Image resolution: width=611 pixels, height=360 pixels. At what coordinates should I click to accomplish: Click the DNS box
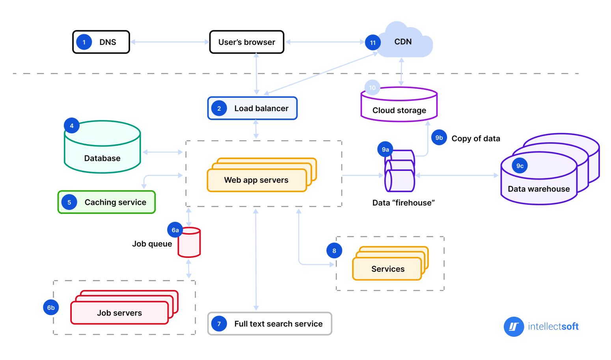(101, 42)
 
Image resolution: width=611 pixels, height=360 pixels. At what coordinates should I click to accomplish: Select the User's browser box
(246, 42)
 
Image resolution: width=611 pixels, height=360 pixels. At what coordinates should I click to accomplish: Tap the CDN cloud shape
(406, 41)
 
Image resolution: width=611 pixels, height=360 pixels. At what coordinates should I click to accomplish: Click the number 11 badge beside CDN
(373, 43)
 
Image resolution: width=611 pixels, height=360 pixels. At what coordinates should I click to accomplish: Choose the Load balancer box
(252, 108)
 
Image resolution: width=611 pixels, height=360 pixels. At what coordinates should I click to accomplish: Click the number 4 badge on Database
(72, 126)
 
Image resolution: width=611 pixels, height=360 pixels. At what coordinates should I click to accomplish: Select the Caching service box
(107, 202)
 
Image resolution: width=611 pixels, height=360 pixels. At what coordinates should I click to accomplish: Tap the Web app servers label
(256, 180)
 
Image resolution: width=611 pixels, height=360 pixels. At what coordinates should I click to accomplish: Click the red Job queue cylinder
(189, 243)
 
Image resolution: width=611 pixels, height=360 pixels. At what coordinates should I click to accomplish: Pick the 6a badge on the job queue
(175, 230)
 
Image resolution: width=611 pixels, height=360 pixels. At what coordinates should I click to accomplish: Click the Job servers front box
(119, 313)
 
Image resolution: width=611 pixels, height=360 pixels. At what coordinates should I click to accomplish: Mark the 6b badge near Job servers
(51, 308)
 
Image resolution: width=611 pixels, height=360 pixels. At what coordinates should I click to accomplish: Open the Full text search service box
(270, 324)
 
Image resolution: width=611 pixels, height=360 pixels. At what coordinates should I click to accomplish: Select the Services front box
(387, 269)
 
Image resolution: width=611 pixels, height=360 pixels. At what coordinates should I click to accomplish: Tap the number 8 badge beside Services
(334, 251)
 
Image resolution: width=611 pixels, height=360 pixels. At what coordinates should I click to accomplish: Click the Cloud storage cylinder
(399, 106)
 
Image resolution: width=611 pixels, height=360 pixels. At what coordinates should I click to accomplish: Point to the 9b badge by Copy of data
(439, 138)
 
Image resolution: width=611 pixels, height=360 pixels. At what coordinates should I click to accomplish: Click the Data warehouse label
(538, 189)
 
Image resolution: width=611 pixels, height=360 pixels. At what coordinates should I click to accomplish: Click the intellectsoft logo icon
(514, 327)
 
